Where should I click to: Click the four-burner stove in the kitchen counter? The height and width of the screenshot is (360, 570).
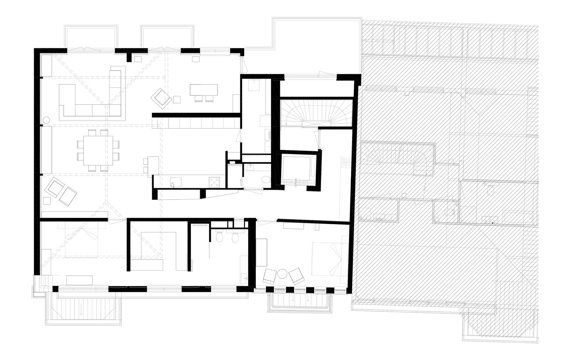(214, 183)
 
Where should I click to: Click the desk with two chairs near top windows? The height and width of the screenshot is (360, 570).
(204, 90)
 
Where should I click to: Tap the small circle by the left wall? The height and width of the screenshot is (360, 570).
(46, 120)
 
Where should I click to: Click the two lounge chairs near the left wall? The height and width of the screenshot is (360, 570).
(61, 191)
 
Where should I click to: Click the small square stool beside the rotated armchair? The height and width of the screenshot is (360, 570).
(177, 99)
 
